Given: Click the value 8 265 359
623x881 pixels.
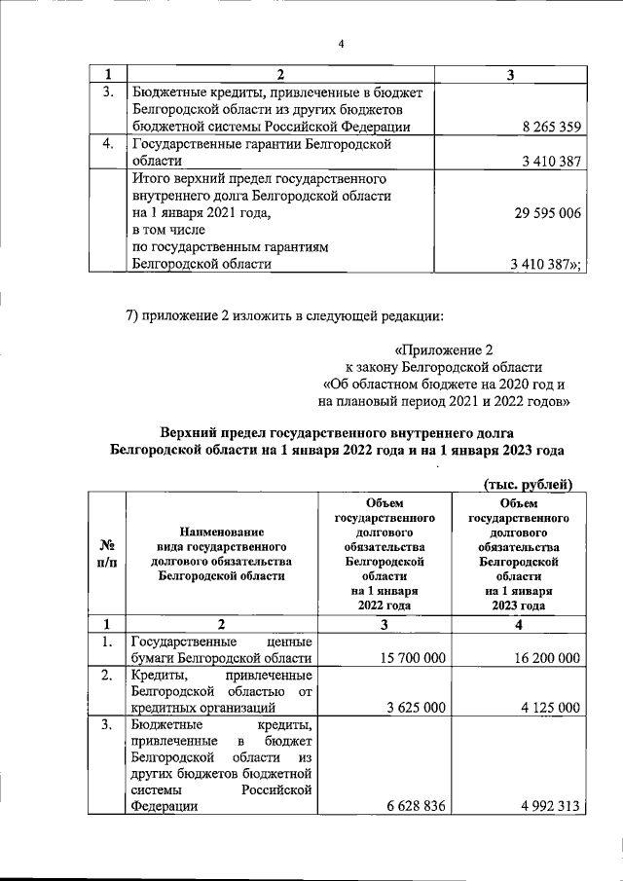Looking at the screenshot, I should (x=551, y=127).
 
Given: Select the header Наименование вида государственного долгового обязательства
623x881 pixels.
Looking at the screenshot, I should (x=221, y=555).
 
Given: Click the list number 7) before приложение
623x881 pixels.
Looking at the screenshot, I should (x=136, y=316).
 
